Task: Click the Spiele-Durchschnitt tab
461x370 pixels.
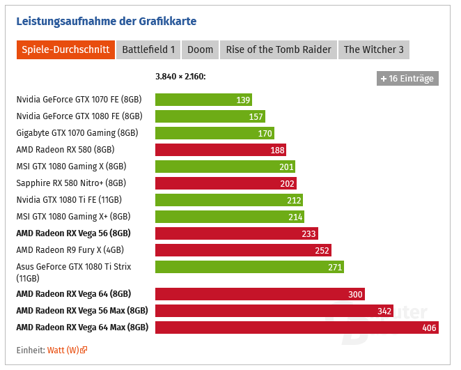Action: (x=65, y=49)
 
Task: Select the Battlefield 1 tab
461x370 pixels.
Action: (x=149, y=49)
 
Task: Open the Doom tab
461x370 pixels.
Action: (x=201, y=49)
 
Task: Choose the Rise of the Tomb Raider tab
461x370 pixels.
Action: (x=279, y=49)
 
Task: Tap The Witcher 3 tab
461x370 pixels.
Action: (x=373, y=49)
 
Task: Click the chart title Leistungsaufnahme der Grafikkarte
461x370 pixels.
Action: (x=107, y=21)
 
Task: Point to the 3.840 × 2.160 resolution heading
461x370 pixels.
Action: (x=180, y=77)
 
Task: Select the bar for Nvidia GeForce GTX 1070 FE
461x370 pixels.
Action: (x=203, y=100)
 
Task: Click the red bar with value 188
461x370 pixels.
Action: (x=220, y=150)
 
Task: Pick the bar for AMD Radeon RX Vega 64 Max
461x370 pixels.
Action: (x=297, y=327)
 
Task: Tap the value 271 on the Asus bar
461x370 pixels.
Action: (x=335, y=267)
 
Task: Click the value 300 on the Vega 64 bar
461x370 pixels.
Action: (x=355, y=294)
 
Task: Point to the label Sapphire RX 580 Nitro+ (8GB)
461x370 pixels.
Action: (x=71, y=183)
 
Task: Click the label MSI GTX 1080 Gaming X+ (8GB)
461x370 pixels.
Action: (x=73, y=217)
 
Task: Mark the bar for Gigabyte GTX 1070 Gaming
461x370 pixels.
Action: (x=214, y=133)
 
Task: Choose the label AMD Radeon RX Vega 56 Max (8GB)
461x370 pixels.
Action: (x=82, y=311)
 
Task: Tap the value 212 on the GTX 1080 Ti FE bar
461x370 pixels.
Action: (x=295, y=200)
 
